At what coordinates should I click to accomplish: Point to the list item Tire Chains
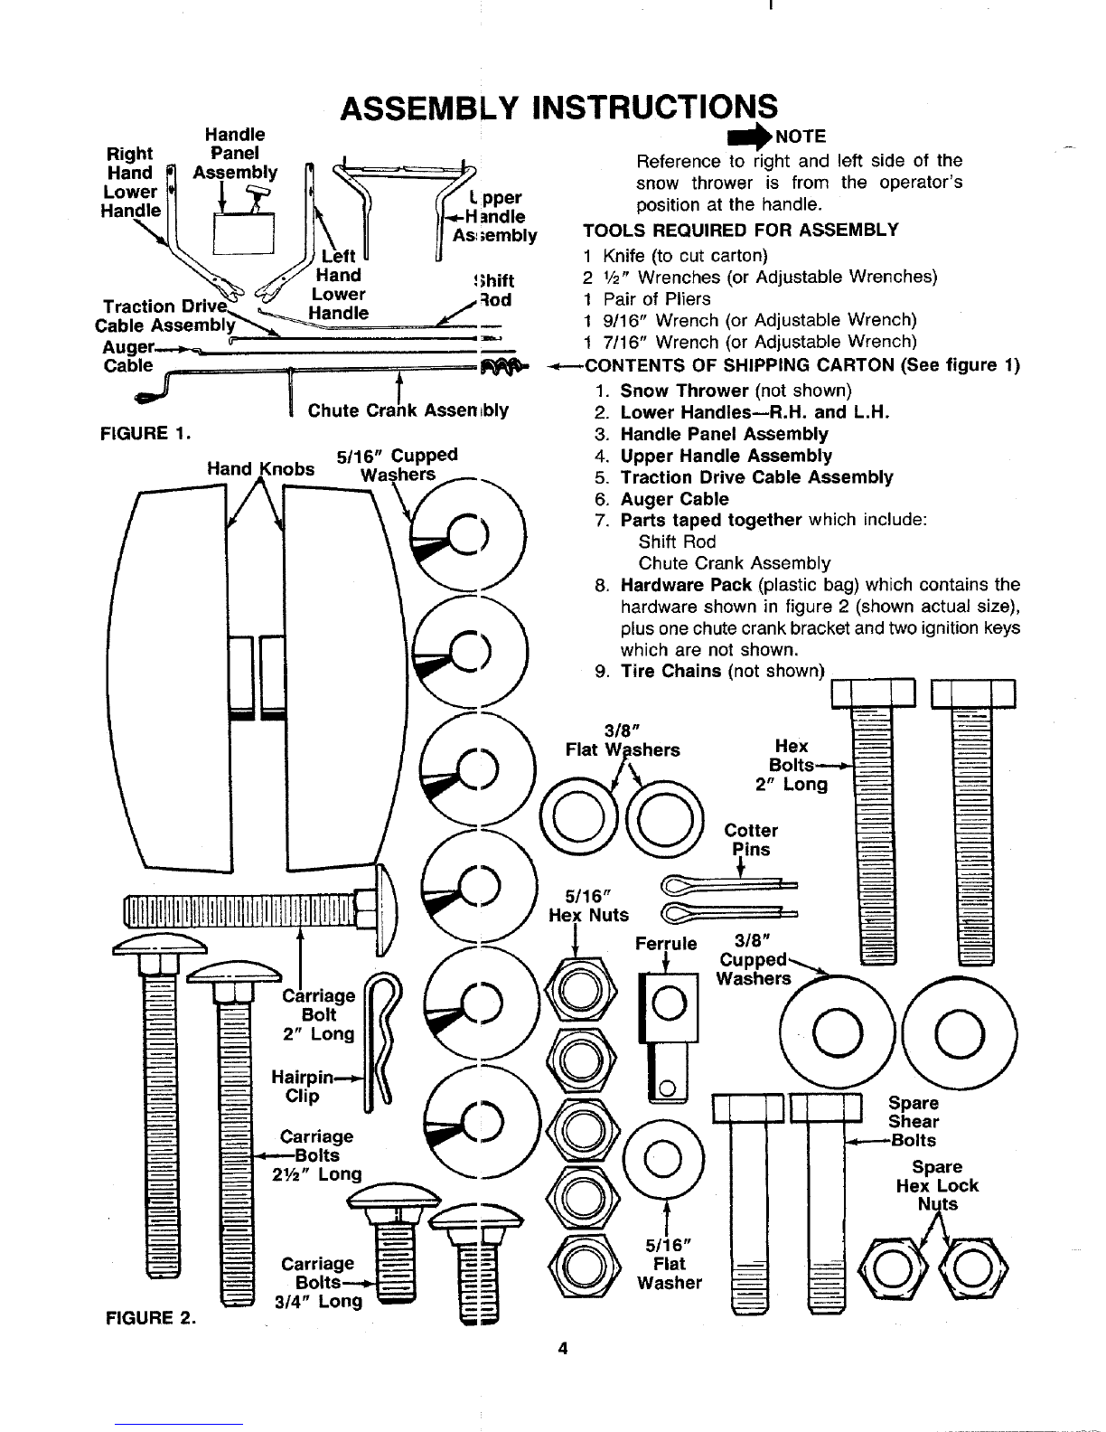point(670,671)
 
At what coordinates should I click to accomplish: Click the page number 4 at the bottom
point(562,1349)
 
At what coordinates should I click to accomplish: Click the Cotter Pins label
point(751,840)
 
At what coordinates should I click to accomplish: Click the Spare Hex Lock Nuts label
point(937,1185)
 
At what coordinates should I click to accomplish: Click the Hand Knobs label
point(260,469)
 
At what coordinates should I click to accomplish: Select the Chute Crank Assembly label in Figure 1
point(408,410)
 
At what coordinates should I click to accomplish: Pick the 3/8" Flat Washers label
point(623,740)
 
